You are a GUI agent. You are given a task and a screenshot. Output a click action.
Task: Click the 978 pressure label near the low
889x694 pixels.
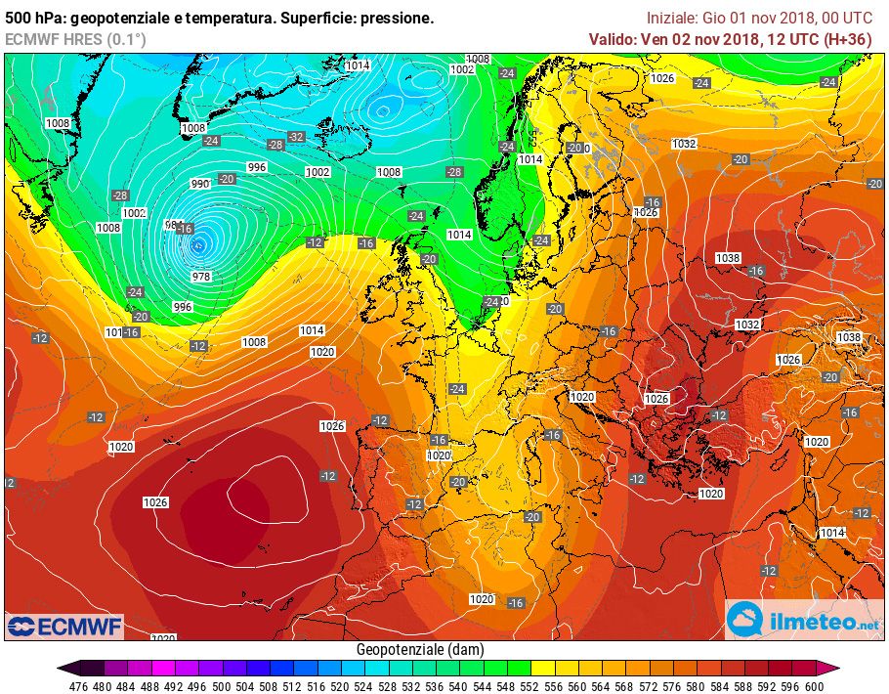click(201, 277)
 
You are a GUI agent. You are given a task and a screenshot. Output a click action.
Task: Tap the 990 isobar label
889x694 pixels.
click(200, 184)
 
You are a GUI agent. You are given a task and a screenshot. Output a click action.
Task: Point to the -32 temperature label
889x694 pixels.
click(295, 137)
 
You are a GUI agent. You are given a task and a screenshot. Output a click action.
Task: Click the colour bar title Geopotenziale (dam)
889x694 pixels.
click(420, 649)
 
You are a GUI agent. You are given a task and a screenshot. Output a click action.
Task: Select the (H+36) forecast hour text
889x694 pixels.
click(849, 39)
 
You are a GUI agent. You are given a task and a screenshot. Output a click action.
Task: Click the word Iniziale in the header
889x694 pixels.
click(672, 18)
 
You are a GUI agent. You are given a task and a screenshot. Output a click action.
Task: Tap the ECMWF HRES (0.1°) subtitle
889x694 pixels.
click(75, 39)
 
